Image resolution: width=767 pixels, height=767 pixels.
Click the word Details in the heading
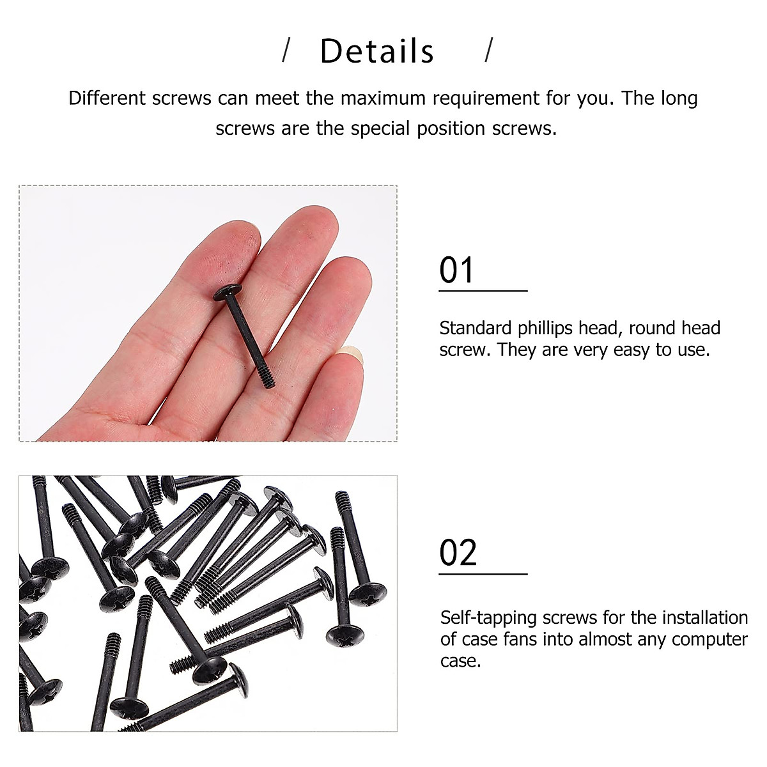(376, 51)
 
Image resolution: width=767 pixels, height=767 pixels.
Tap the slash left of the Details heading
(286, 50)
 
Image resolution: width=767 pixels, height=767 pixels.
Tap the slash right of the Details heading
(489, 50)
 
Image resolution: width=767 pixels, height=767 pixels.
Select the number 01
(456, 270)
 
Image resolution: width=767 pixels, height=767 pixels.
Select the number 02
(458, 553)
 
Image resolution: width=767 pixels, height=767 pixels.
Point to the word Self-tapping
(489, 618)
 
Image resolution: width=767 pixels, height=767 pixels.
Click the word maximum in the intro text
(382, 98)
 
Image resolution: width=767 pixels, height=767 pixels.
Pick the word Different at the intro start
(108, 98)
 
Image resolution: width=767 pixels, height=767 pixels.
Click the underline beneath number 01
(483, 291)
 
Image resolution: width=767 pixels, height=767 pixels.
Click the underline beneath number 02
(483, 574)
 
